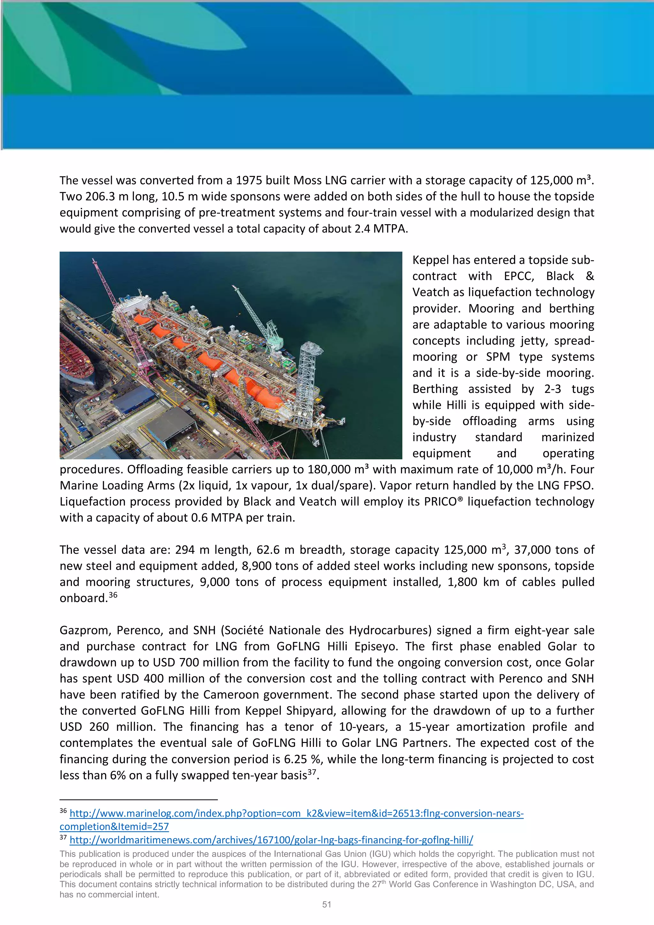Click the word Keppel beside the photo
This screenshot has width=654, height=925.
(432, 260)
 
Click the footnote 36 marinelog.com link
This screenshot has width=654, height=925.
(296, 814)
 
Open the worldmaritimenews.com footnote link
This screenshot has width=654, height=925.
(271, 840)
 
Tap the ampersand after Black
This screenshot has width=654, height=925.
(589, 276)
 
